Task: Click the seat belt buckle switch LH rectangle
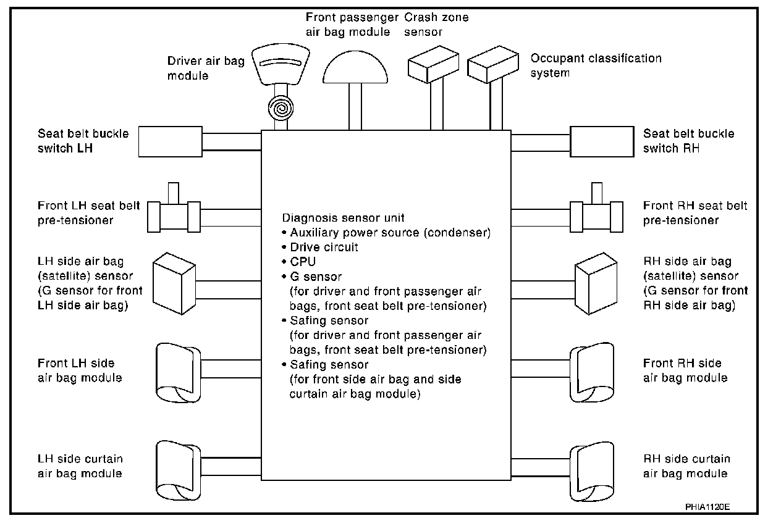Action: pos(170,141)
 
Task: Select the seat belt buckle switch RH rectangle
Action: pos(601,141)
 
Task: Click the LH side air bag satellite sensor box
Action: pos(174,282)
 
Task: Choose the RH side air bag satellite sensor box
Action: pos(596,282)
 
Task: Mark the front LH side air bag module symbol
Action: pos(175,370)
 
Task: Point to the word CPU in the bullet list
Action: pos(303,262)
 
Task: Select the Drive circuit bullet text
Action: pos(324,248)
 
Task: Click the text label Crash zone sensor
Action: pos(436,24)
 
